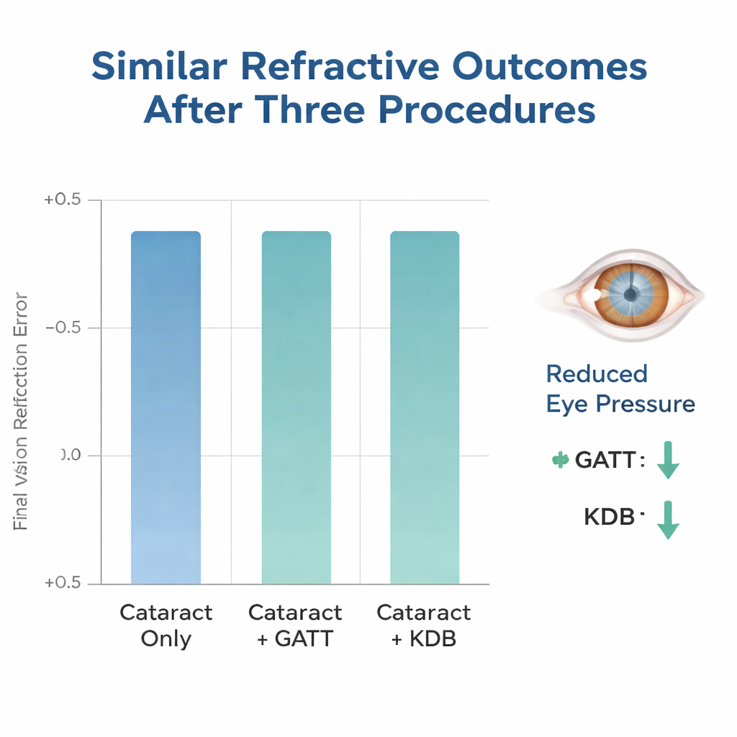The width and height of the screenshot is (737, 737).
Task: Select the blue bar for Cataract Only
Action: click(166, 407)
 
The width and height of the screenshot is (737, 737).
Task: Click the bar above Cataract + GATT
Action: click(296, 407)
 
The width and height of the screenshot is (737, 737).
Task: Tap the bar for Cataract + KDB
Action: click(425, 407)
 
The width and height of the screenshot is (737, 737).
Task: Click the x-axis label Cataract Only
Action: click(166, 625)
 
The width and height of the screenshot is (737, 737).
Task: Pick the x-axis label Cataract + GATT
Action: click(295, 625)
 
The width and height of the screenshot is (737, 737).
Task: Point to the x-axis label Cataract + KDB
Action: click(424, 625)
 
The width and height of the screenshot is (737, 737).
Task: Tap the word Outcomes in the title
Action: click(549, 67)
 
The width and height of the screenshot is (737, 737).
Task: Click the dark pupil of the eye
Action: click(630, 294)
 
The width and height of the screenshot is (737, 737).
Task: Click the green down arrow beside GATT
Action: click(669, 461)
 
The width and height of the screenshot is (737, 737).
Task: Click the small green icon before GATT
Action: click(559, 460)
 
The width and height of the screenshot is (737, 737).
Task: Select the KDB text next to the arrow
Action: click(609, 516)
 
